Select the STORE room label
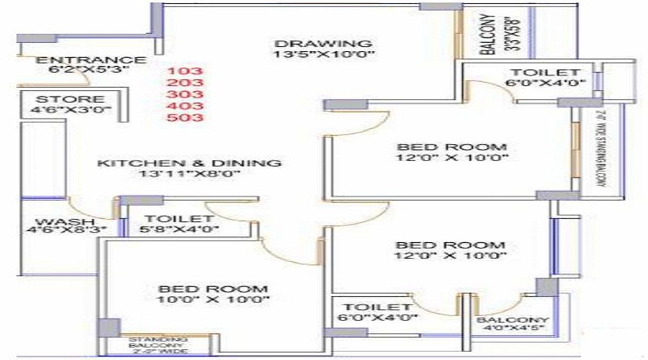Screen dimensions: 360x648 coord(71,99)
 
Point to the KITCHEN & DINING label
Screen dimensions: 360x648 coord(189,163)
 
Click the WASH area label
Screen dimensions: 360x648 coord(55,221)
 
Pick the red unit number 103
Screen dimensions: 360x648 coord(185,71)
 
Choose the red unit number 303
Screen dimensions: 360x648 coord(185,94)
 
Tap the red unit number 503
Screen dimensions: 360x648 coord(185,117)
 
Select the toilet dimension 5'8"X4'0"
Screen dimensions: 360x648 coord(179,230)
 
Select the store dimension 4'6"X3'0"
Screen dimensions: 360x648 coord(71,111)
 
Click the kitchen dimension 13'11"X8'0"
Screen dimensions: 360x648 coord(189,174)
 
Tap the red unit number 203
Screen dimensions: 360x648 coord(185,83)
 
